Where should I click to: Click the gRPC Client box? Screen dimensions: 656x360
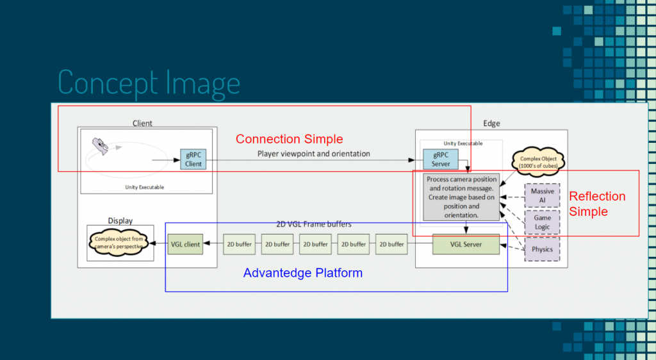(193, 160)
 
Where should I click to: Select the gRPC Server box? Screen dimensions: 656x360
(441, 160)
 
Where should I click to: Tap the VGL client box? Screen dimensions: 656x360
(185, 244)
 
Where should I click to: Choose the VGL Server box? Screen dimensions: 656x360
(466, 244)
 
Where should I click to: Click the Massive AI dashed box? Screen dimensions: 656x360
(542, 195)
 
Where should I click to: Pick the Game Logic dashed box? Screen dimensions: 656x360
(542, 222)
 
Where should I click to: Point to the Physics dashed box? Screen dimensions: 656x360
(542, 249)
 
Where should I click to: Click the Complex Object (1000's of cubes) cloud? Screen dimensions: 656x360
(538, 162)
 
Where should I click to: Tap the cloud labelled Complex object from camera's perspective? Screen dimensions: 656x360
(119, 243)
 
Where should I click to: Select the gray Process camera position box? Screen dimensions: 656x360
(461, 197)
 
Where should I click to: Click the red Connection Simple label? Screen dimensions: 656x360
(289, 139)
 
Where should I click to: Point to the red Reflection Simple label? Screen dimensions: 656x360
(597, 204)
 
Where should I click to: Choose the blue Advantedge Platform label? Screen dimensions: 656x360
(303, 273)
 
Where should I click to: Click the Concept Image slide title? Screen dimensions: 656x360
(149, 82)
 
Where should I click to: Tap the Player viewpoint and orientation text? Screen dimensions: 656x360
(313, 154)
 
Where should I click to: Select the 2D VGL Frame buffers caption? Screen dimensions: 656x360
(313, 225)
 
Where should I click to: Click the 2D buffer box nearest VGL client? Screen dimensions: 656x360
(240, 244)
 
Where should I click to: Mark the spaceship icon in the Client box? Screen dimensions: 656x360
(101, 146)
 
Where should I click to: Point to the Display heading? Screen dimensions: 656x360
(120, 220)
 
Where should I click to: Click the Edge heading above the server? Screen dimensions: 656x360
(491, 124)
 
